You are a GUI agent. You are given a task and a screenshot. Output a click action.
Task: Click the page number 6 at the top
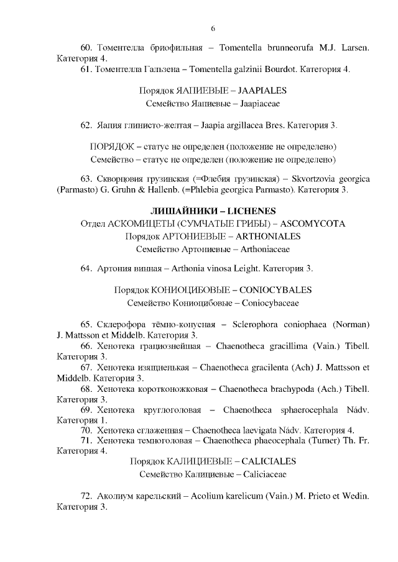pos(213,29)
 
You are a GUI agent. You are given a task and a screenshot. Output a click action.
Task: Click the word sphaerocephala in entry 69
pos(307,409)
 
